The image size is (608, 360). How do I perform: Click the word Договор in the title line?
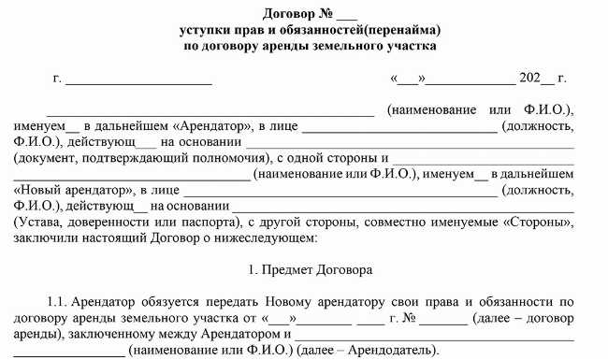tap(267, 13)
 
